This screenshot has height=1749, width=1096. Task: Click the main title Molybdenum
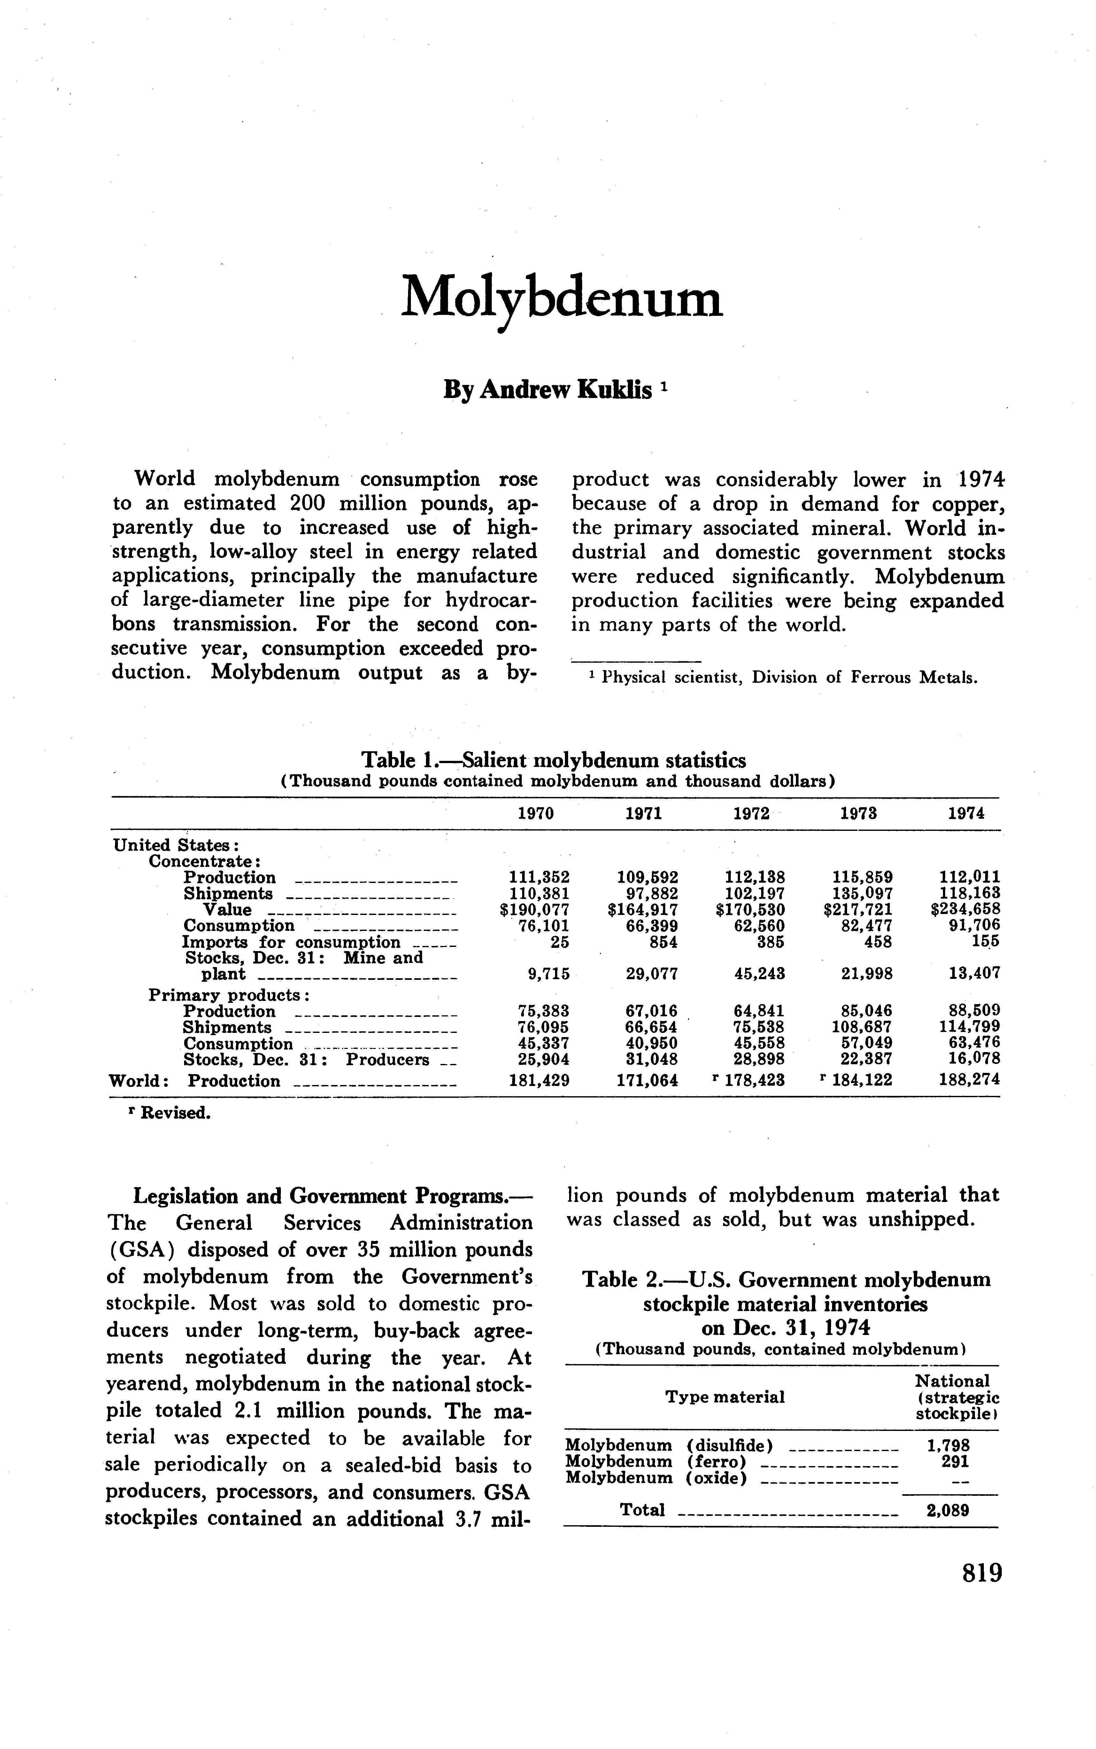562,297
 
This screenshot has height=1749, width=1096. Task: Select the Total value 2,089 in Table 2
948,1511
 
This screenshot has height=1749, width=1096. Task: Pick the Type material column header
725,1397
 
